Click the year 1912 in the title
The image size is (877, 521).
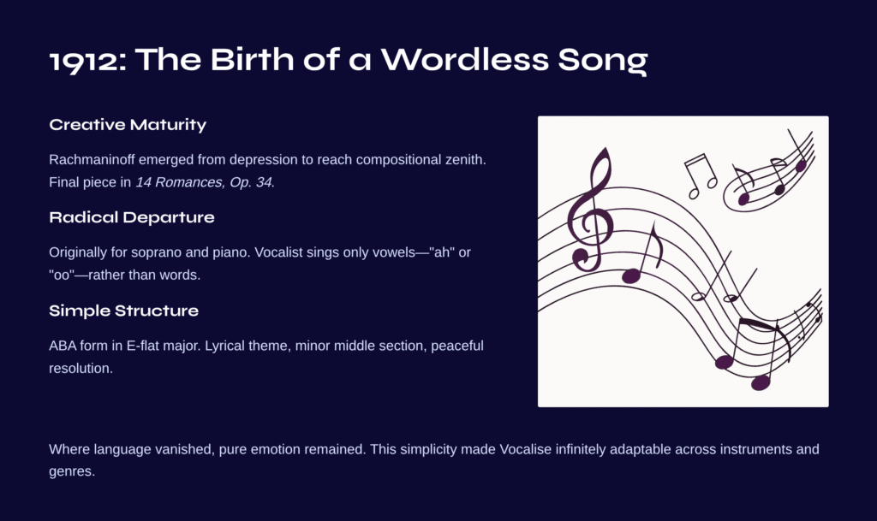[85, 60]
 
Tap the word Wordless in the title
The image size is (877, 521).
[465, 59]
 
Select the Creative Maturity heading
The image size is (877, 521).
[128, 125]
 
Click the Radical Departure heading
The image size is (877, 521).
[131, 217]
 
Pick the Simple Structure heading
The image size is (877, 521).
[123, 311]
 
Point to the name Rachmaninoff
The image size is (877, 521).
[92, 160]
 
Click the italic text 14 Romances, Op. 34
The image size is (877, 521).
[204, 182]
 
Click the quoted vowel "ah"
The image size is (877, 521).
[442, 252]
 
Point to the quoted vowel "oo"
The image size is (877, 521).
[62, 275]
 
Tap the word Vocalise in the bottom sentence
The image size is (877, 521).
[525, 449]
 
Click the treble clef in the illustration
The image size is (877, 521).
[592, 212]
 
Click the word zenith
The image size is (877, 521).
[463, 160]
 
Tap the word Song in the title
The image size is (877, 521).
[603, 60]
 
